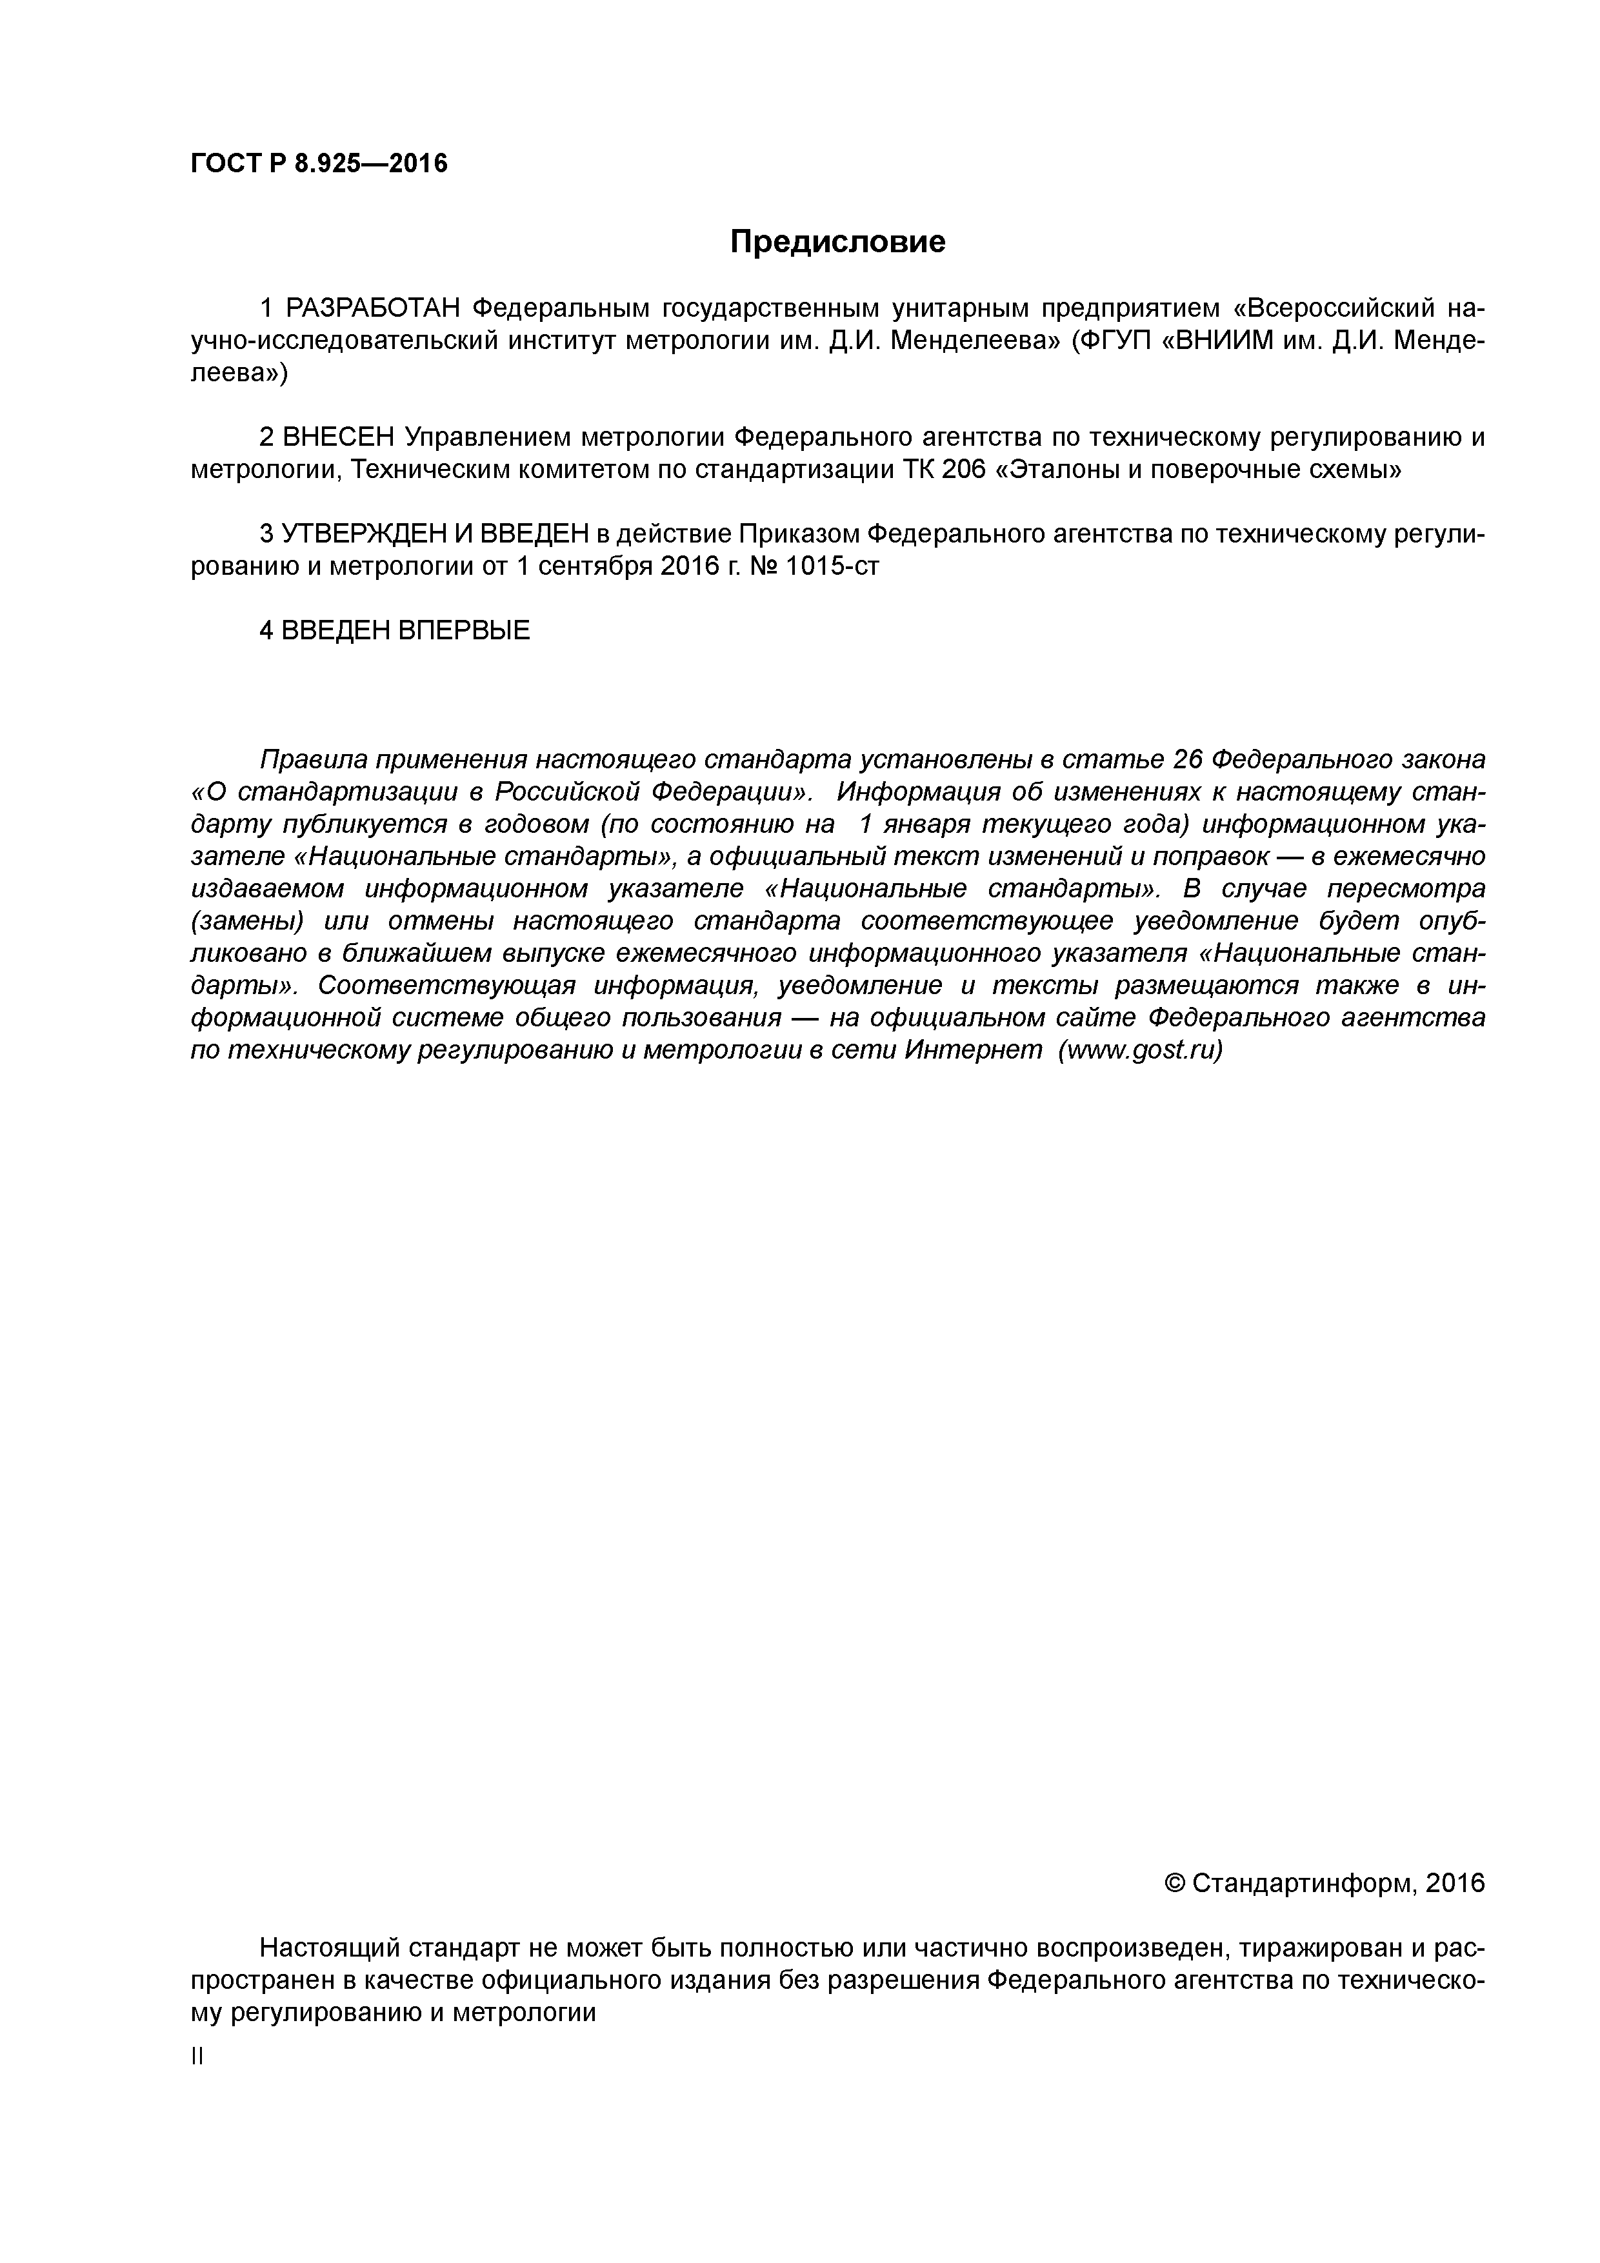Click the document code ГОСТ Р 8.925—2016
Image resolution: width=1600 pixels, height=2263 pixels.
click(x=319, y=163)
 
